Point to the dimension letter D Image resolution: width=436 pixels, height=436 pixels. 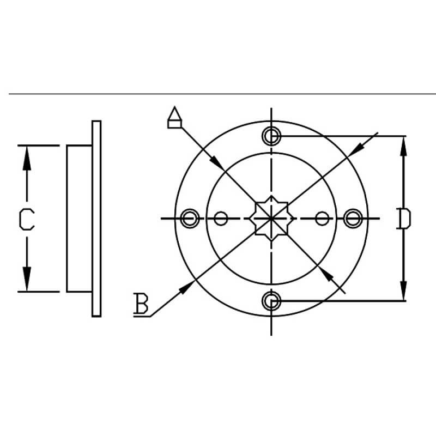(x=403, y=219)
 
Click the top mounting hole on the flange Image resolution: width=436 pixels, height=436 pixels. (x=271, y=135)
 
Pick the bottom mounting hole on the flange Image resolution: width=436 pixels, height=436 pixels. (x=271, y=300)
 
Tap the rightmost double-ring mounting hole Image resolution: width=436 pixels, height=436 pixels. (x=353, y=219)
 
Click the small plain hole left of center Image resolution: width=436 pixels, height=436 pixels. (x=221, y=219)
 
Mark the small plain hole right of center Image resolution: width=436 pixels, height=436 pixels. (x=323, y=219)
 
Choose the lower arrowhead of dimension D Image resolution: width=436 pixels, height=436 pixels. (x=403, y=291)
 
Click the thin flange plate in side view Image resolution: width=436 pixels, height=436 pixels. (x=96, y=219)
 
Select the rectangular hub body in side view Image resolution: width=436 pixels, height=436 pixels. (x=79, y=219)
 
